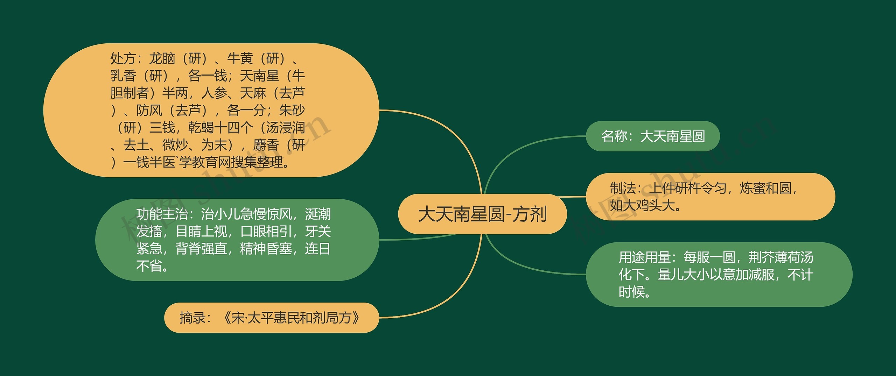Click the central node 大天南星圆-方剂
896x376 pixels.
482,214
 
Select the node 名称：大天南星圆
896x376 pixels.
653,136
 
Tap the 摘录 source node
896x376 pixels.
271,318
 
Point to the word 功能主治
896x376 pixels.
162,214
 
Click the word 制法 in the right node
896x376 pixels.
623,189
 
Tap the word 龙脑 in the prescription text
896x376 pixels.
162,58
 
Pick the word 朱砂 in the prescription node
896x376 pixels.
292,111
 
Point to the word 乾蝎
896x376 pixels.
201,128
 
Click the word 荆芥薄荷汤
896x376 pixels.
781,257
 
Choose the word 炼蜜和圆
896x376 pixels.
765,189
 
